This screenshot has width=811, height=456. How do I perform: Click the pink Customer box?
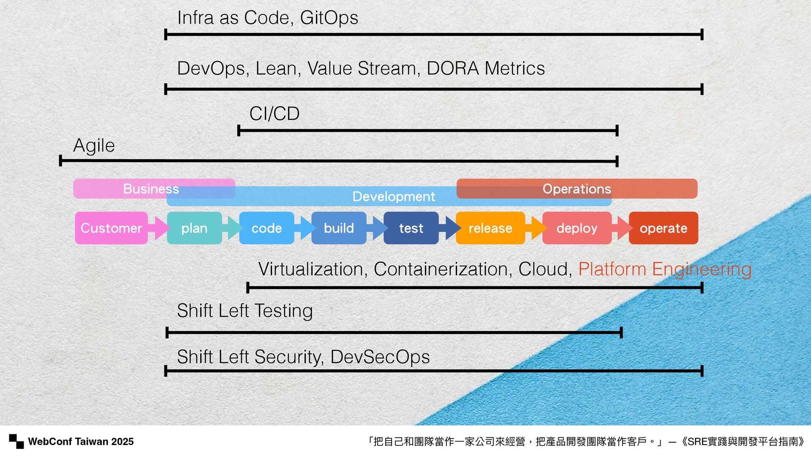coord(111,228)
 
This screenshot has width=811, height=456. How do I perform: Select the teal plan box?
coord(194,228)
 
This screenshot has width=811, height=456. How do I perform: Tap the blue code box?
coord(267,228)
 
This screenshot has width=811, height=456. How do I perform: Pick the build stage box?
coord(339,228)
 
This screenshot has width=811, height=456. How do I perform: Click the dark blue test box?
coord(411,228)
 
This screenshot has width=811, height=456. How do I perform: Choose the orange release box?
coord(490,228)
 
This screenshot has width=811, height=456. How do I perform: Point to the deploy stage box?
coord(577,228)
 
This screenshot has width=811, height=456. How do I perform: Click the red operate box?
coord(663,228)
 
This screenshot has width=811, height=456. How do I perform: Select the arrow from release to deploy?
coord(536,228)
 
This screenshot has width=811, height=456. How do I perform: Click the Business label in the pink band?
coord(151,189)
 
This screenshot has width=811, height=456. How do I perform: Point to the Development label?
coord(394,196)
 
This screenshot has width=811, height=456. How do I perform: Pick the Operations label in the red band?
coord(577,189)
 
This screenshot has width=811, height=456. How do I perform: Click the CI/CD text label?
coord(275,114)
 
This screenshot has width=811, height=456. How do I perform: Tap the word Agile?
coord(94,146)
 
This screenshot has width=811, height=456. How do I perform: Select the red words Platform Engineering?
coord(665,269)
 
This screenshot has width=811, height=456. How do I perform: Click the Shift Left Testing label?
coord(245,311)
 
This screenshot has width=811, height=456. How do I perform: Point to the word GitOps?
coord(329,18)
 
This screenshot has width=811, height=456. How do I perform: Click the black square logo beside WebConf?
coord(16,441)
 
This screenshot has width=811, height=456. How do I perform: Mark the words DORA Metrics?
coord(486,68)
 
